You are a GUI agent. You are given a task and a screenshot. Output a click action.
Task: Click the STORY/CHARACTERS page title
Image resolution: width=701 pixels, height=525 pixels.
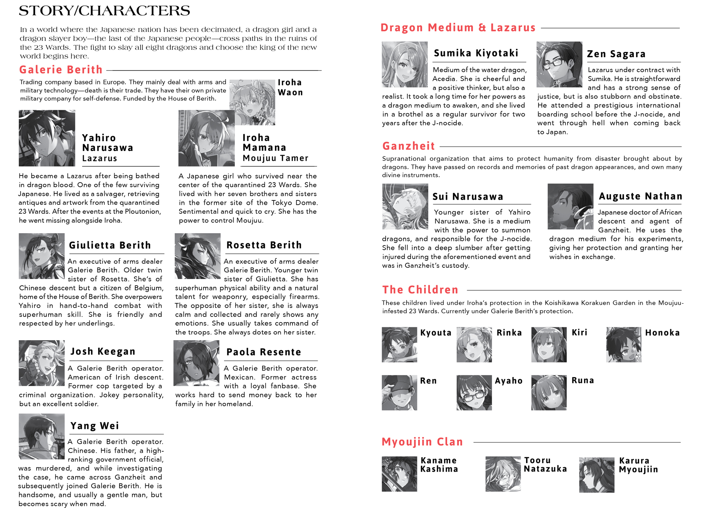tap(104, 11)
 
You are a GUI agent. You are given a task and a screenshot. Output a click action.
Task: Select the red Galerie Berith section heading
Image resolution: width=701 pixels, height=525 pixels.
tap(61, 70)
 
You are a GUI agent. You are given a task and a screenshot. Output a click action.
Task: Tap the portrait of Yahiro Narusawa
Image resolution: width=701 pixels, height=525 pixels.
tap(47, 138)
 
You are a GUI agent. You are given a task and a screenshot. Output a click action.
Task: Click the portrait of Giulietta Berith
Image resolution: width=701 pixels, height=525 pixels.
tap(42, 256)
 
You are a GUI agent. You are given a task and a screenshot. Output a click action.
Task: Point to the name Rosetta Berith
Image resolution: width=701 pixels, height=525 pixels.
tap(264, 245)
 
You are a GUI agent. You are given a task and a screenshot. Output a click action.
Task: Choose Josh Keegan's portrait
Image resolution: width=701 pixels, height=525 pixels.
tap(42, 363)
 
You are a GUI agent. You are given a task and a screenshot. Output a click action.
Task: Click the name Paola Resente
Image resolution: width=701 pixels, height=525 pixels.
tap(264, 352)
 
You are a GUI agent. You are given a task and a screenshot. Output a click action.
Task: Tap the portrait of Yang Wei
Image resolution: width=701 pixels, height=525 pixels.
tap(42, 436)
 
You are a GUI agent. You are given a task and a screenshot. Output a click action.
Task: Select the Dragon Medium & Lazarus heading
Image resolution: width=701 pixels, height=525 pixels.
tap(458, 28)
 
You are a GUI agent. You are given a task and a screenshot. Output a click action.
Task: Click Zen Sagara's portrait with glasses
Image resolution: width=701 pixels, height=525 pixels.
tap(559, 64)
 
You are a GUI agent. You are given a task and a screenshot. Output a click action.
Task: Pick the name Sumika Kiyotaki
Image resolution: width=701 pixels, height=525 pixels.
tap(476, 53)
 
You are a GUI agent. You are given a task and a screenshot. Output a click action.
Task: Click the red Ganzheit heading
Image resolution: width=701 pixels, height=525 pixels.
tap(409, 146)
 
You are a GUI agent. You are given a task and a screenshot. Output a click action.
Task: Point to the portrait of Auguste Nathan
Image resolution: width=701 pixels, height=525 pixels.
tap(570, 206)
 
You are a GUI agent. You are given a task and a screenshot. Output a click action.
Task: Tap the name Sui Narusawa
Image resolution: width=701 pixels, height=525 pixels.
tap(468, 197)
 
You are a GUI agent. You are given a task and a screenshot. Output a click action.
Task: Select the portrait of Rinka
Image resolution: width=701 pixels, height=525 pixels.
tap(474, 344)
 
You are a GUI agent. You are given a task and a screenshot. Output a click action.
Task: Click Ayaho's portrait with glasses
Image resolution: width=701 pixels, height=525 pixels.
tap(474, 392)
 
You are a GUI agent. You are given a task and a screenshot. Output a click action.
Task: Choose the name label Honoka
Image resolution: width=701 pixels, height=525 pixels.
tap(662, 333)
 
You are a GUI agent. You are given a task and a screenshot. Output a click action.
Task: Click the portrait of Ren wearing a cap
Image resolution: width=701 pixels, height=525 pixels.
tap(399, 392)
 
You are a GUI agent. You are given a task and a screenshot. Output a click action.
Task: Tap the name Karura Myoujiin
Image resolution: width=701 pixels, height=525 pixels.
tap(638, 465)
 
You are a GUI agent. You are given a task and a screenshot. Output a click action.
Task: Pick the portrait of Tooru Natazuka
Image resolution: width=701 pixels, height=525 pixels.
tap(503, 474)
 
